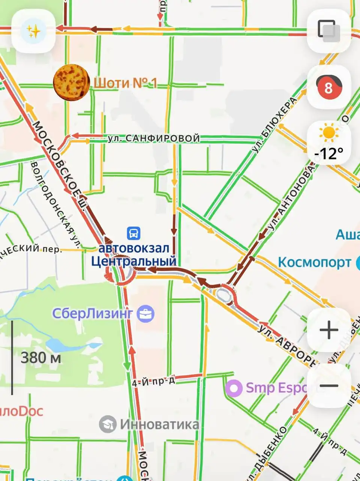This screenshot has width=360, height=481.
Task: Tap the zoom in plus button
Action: pos(329,330)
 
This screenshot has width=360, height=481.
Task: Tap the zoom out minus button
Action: pos(329,386)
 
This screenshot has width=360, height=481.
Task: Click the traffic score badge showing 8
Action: pos(328,88)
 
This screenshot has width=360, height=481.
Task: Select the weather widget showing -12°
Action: pos(329,143)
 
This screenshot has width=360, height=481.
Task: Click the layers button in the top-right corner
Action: pos(329,30)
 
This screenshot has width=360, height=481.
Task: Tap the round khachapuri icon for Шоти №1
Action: pos(71,82)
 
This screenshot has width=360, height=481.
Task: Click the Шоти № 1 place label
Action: pos(125,83)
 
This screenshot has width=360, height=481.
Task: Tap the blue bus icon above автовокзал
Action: pos(133,233)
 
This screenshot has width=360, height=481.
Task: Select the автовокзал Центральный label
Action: pos(134,255)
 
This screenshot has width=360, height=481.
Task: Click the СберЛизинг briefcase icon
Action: pos(145,313)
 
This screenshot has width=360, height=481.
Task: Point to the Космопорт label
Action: pos(315,262)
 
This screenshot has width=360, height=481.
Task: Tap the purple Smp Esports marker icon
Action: pos(235,388)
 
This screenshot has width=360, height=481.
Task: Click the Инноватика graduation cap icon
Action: pos(108,424)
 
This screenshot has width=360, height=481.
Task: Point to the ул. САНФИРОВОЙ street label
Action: pos(154,139)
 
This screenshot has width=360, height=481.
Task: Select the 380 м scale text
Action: pos(41,358)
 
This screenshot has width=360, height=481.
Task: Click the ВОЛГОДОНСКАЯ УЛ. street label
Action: pos(55,205)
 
